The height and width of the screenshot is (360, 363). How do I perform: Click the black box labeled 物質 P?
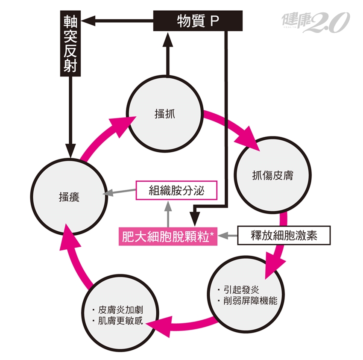coord(198,21)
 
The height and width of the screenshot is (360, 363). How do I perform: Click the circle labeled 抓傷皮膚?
coord(272,175)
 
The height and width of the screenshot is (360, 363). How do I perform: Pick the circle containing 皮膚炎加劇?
coord(119,314)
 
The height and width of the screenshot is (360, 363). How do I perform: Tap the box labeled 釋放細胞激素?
coord(284,235)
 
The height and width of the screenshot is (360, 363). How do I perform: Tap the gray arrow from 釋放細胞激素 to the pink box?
coord(228,235)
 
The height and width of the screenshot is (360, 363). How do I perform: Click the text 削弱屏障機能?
coord(250,301)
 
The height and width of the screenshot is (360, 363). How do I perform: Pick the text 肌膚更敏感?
coord(121,321)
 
